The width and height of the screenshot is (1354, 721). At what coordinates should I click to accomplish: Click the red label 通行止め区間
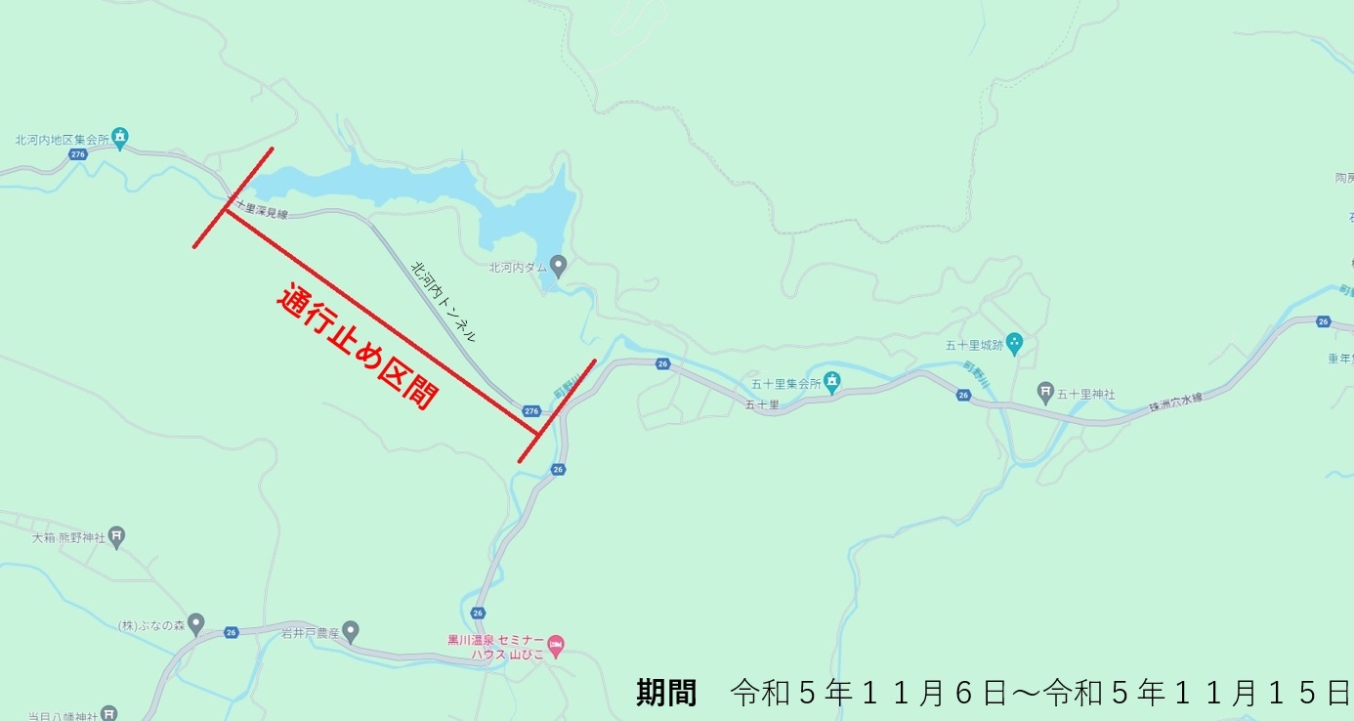pos(358,347)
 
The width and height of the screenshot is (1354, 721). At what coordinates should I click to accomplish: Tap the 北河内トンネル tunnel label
pos(443,301)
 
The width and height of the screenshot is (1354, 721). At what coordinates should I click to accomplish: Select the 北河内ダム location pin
pos(558,265)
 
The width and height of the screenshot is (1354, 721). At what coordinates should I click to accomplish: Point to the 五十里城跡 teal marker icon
pos(1014,342)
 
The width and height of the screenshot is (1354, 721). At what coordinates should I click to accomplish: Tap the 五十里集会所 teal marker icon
pos(831,382)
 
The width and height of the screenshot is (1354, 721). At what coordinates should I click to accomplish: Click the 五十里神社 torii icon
pos(1045,394)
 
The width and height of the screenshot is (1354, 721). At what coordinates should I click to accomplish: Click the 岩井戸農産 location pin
pos(351,629)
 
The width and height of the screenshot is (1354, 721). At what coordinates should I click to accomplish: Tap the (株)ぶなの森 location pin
pos(195,622)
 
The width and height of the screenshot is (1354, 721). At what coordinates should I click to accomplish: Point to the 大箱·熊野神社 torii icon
pos(116,535)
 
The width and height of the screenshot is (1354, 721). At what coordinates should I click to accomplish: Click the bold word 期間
pos(666,693)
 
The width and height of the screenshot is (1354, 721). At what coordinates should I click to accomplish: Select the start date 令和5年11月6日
pos(868,693)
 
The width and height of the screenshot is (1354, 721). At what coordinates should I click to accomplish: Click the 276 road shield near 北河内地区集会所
pos(78,155)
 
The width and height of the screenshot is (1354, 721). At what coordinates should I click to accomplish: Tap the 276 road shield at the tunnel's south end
pos(530,411)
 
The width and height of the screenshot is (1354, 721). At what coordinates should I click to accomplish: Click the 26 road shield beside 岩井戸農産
pos(232,632)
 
